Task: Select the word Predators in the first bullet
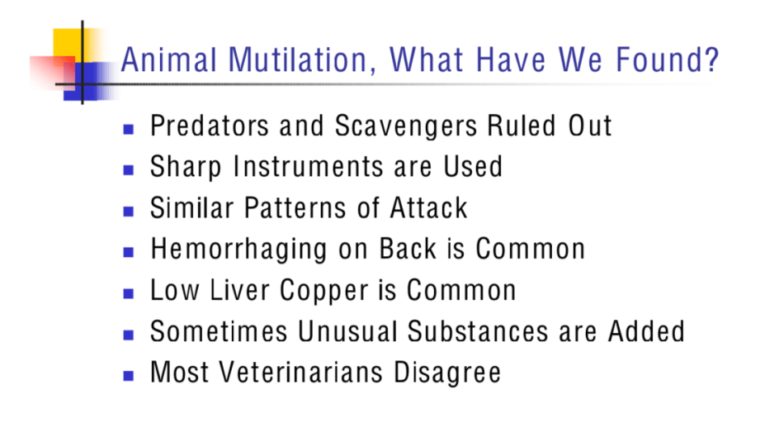[x=210, y=126]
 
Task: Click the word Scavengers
[x=406, y=126]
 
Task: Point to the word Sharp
[x=186, y=168]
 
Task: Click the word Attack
[x=428, y=207]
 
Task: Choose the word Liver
[x=234, y=290]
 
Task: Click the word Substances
[x=478, y=331]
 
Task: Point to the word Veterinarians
[x=301, y=373]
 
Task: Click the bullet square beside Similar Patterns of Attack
[x=129, y=211]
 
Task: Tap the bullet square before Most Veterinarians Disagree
[x=129, y=376]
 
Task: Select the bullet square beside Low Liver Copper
[x=129, y=293]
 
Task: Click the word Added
[x=646, y=331]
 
